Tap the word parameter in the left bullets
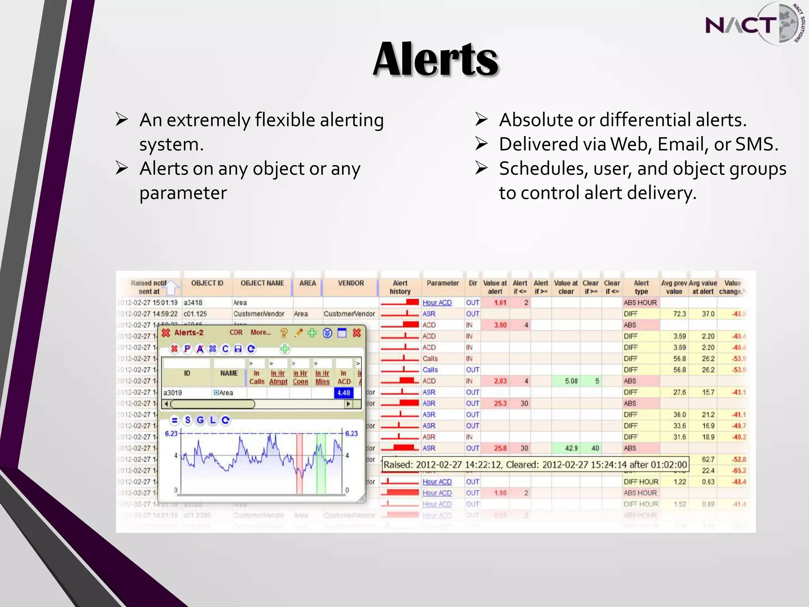(183, 193)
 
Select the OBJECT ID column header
(207, 283)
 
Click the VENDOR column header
(351, 283)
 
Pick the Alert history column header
(400, 287)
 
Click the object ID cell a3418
(193, 303)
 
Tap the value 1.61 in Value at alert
(500, 303)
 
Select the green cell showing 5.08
(571, 381)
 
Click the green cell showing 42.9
(571, 448)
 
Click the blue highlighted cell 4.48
(343, 393)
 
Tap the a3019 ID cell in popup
(173, 393)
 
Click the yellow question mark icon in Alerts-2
(284, 333)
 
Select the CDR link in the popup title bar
(236, 333)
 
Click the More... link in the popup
(260, 333)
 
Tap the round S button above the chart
(188, 420)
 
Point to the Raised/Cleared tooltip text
(535, 465)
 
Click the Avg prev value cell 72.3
(679, 314)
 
